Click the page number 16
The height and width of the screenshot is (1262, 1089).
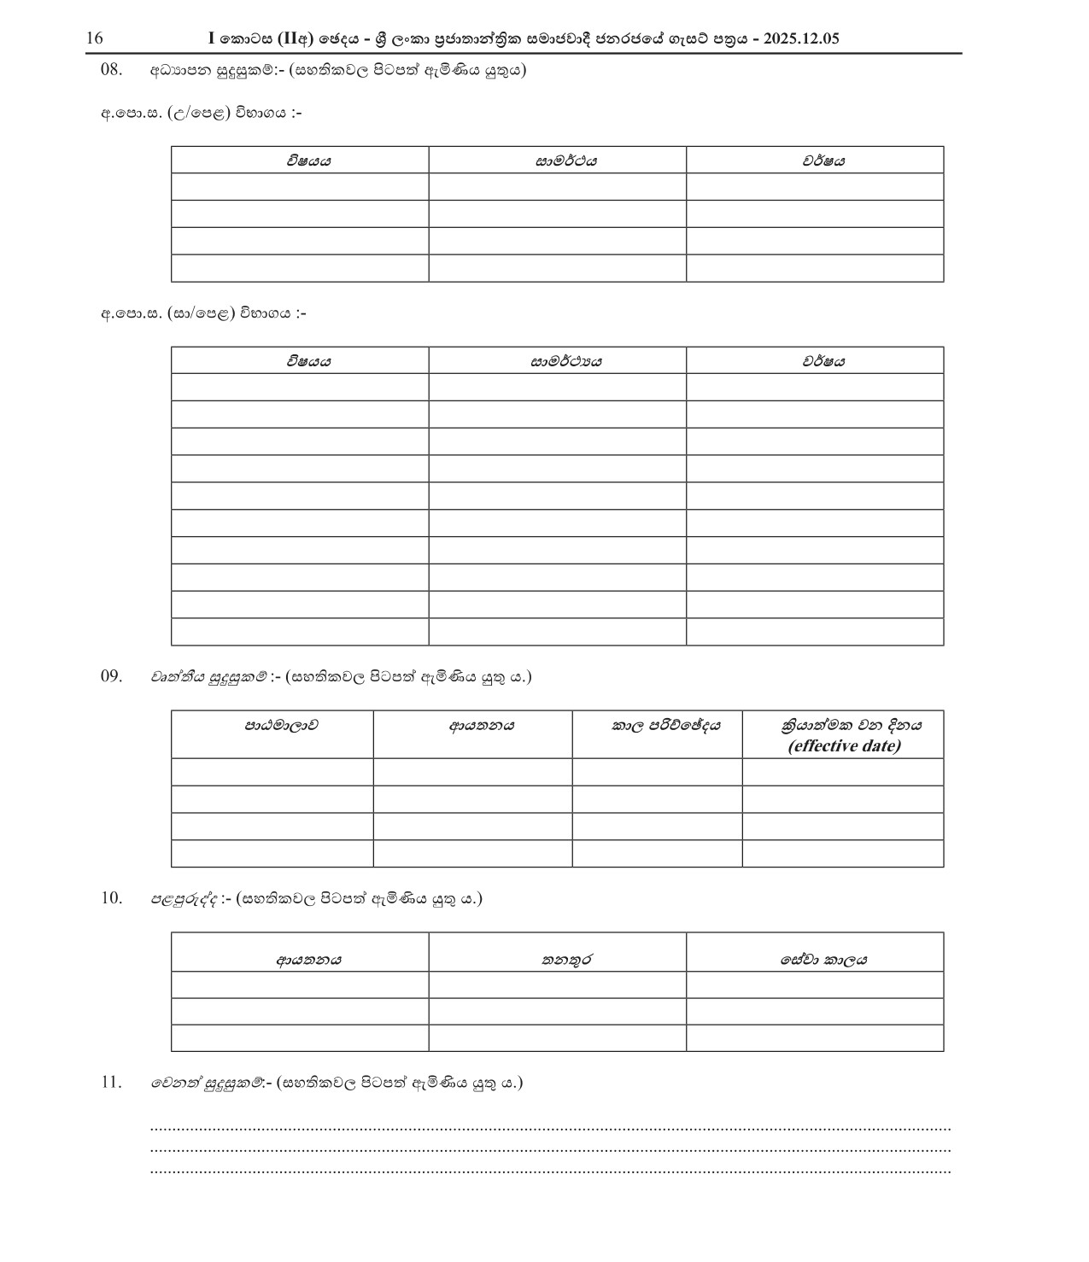point(94,38)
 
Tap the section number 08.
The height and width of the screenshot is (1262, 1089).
point(112,70)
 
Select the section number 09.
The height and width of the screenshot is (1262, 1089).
point(112,676)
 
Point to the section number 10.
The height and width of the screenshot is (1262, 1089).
point(112,898)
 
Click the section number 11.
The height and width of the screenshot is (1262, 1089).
point(112,1083)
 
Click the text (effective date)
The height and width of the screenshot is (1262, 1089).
point(844,746)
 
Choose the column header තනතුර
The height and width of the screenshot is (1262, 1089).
point(566,960)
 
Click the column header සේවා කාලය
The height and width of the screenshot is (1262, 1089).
point(823,960)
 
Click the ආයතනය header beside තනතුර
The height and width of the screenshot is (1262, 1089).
point(308,960)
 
